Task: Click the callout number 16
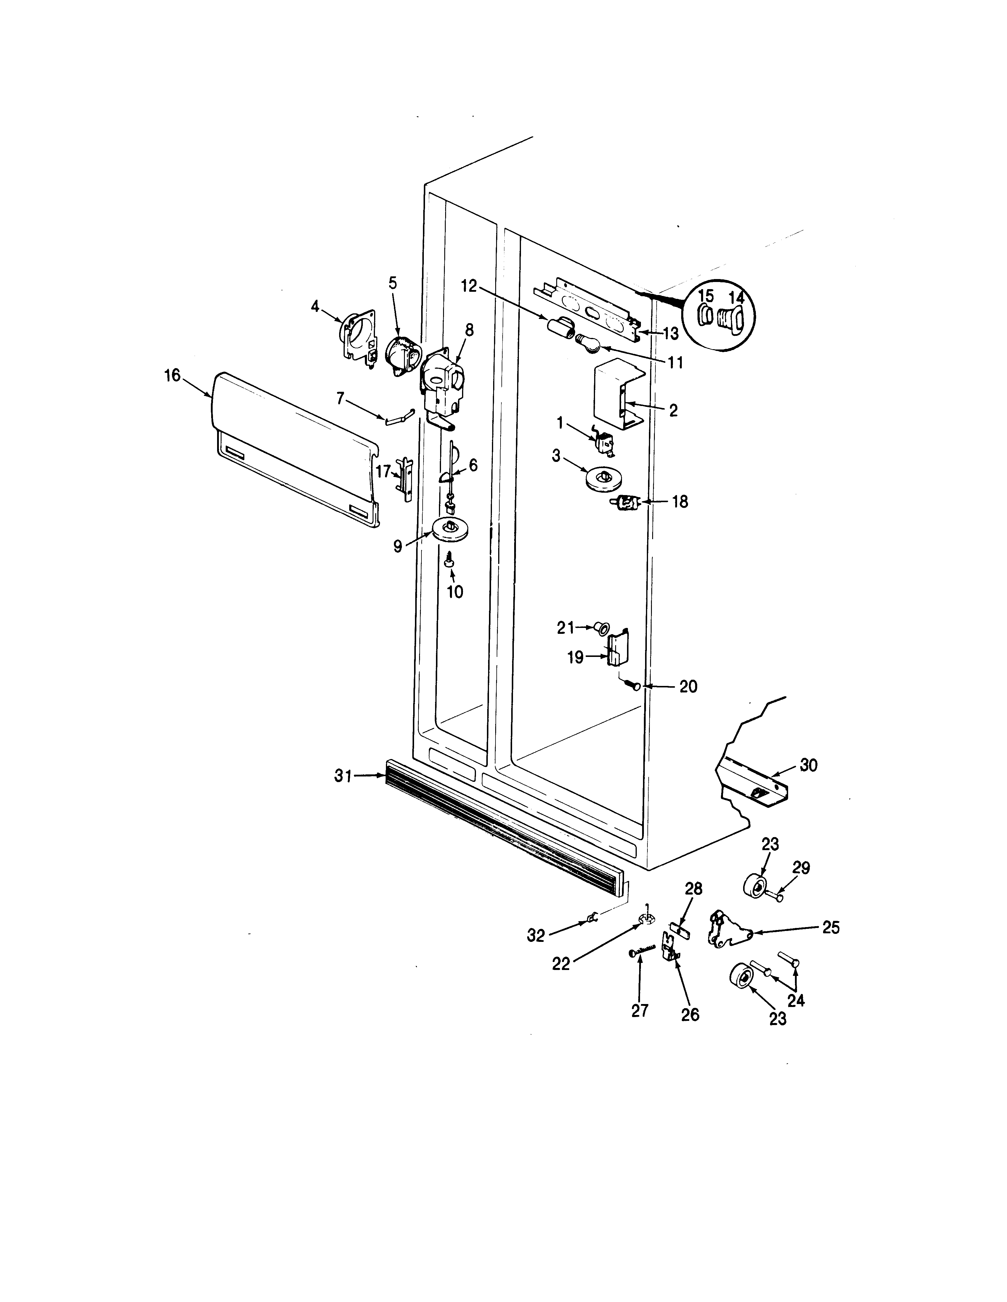tap(172, 376)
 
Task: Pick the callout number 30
tap(808, 765)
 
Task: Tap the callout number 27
tap(639, 1011)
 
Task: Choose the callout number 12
tap(469, 286)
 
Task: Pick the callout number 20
tap(688, 687)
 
